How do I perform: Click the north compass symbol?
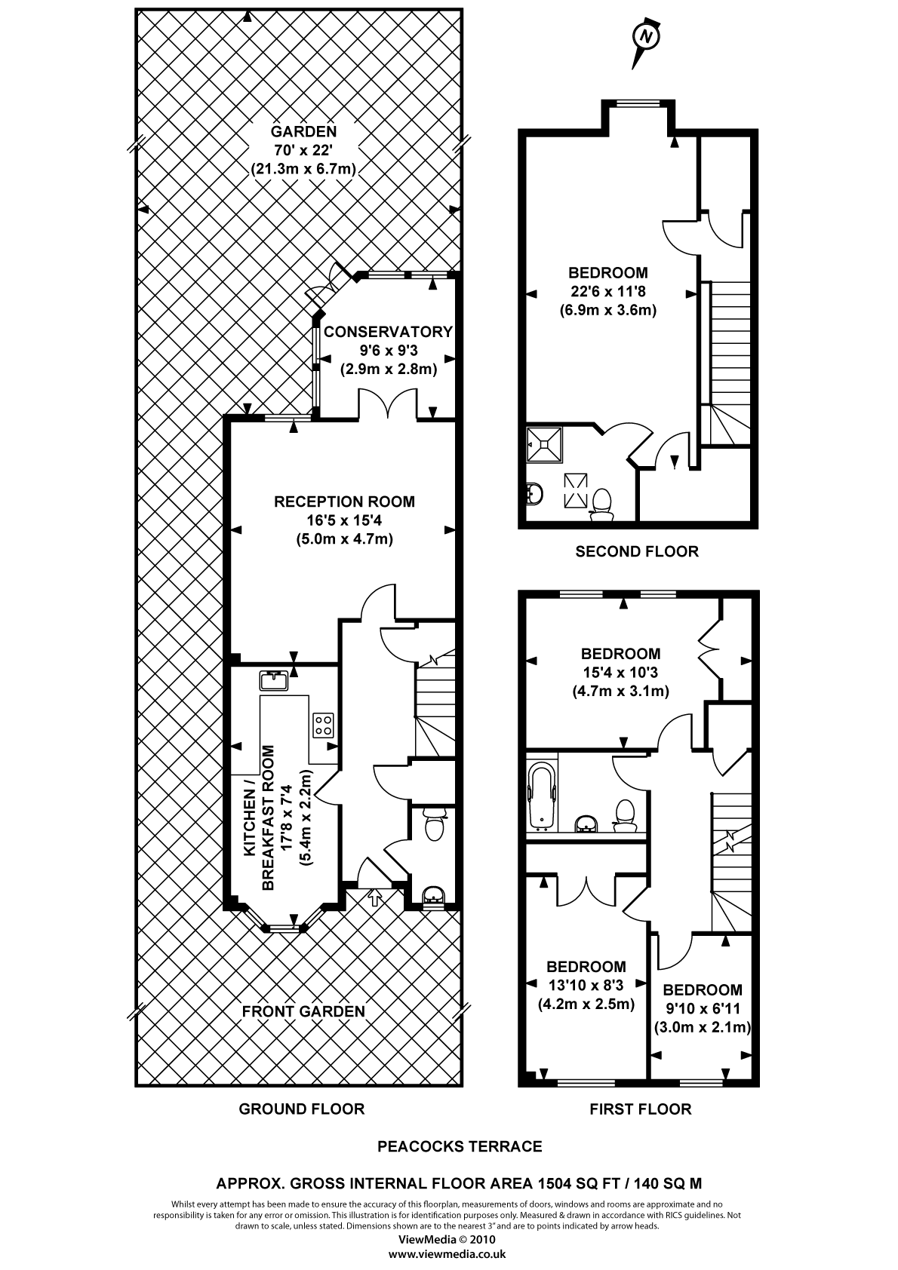point(645,37)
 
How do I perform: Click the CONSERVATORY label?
point(388,332)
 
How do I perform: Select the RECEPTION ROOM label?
point(344,502)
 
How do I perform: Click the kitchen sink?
point(274,681)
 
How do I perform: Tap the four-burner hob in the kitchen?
point(324,725)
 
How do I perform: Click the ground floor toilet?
point(434,824)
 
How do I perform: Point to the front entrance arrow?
point(374,897)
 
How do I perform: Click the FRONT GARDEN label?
point(303,1011)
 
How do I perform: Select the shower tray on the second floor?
point(545,445)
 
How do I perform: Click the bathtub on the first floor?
point(542,796)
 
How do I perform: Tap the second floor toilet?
point(601,505)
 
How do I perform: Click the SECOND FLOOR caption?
point(637,551)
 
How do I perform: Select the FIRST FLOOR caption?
point(640,1109)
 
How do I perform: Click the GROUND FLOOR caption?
point(302,1109)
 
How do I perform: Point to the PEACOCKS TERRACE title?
point(460,1146)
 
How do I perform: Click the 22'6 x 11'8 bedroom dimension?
point(607,291)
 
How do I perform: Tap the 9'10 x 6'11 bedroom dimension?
point(702,1008)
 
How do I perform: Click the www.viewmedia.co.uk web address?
point(447,1255)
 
